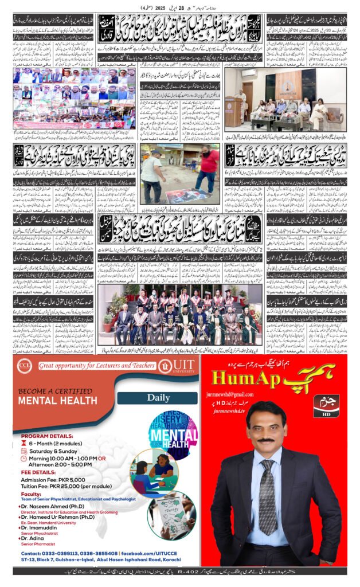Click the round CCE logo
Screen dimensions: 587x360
[x=25, y=366]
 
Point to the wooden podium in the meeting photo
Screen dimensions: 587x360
[x=235, y=114]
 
